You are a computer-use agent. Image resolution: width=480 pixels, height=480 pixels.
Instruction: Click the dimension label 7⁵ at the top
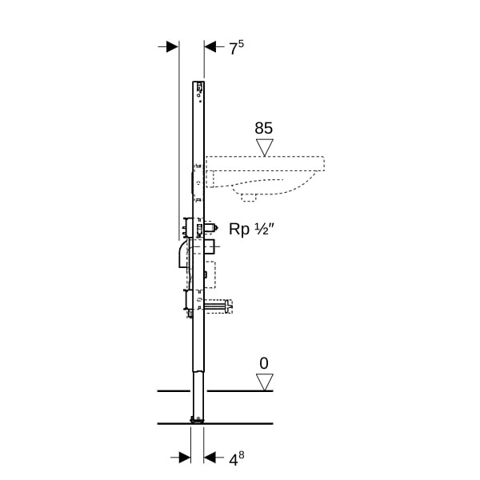coord(237,47)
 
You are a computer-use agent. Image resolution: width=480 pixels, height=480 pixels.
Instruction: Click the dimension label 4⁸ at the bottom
coord(237,458)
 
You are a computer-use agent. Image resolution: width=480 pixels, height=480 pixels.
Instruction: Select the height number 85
coord(263,128)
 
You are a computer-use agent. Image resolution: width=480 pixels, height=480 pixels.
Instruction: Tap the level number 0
coord(264,363)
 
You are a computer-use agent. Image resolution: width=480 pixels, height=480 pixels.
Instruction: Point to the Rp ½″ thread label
coord(252,229)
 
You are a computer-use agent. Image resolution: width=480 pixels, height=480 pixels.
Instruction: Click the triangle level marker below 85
coord(265,148)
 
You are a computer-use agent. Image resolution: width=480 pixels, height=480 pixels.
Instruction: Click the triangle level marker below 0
coord(265,382)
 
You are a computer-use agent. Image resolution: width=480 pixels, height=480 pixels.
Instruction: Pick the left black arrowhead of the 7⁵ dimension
coord(172,47)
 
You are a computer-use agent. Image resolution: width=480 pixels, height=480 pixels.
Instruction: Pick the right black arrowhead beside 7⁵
coord(210,47)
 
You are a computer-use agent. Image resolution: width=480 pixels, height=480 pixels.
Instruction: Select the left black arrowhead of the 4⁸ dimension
coord(185,458)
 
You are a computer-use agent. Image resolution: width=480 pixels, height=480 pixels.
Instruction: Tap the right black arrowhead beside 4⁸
coord(210,458)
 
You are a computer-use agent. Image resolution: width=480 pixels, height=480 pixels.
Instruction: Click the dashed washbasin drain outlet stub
coord(249,197)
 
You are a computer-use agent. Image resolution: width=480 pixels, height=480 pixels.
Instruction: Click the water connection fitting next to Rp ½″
coord(211,228)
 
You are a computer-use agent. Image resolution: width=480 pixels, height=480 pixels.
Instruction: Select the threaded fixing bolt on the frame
coord(218,306)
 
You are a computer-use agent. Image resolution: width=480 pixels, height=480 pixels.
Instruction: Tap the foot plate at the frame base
coord(198,420)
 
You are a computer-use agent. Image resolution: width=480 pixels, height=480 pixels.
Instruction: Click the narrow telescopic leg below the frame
coord(198,395)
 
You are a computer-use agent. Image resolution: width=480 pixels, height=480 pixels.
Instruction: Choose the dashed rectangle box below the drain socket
coord(210,274)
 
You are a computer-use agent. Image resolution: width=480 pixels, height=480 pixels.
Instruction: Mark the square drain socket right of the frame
coord(210,247)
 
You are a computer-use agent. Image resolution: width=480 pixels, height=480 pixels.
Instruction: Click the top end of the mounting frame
coord(198,82)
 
